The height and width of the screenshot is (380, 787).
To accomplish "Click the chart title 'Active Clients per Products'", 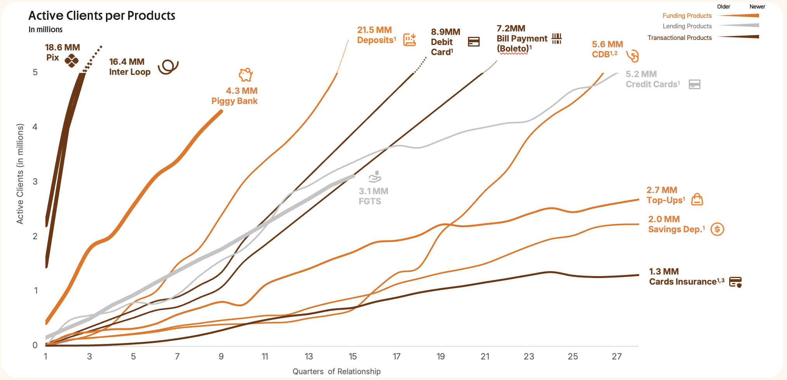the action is pos(102,16).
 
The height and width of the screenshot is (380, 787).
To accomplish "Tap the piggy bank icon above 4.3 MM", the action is pos(246,74).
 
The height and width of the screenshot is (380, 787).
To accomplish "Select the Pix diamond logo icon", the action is pos(71,60).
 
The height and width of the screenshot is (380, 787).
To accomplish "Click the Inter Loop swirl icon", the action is pos(168,67).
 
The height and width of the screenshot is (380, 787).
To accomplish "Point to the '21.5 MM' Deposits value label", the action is pos(374,30).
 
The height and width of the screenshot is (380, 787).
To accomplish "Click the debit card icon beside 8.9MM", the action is pos(474,41).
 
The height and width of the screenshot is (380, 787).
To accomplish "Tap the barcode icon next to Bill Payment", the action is pos(557,38).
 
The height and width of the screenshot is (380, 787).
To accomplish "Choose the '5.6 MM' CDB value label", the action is pos(607,44).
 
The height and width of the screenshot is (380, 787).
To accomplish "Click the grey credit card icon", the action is pos(694,84).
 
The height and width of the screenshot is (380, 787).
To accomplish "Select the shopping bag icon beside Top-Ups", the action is pos(697,199).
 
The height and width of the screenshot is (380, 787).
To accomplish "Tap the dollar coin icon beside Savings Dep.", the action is pos(717,229).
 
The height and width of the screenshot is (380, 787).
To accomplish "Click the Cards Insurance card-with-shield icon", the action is pos(735,282).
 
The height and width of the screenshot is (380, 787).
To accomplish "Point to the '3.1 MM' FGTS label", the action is pos(373,191).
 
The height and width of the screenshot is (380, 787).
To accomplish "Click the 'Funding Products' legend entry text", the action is pos(687,16).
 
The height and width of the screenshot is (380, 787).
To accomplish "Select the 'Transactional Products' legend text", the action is pos(680,38).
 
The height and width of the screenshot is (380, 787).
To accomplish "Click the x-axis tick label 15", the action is pos(352,356).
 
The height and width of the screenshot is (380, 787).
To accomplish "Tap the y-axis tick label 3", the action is pos(35,181).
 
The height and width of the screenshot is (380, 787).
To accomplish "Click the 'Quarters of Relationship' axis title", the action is pos(336,371).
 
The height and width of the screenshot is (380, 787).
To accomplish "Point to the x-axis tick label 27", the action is pos(617,356).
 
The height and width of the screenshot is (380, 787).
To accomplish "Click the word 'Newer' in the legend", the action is pos(757,7).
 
